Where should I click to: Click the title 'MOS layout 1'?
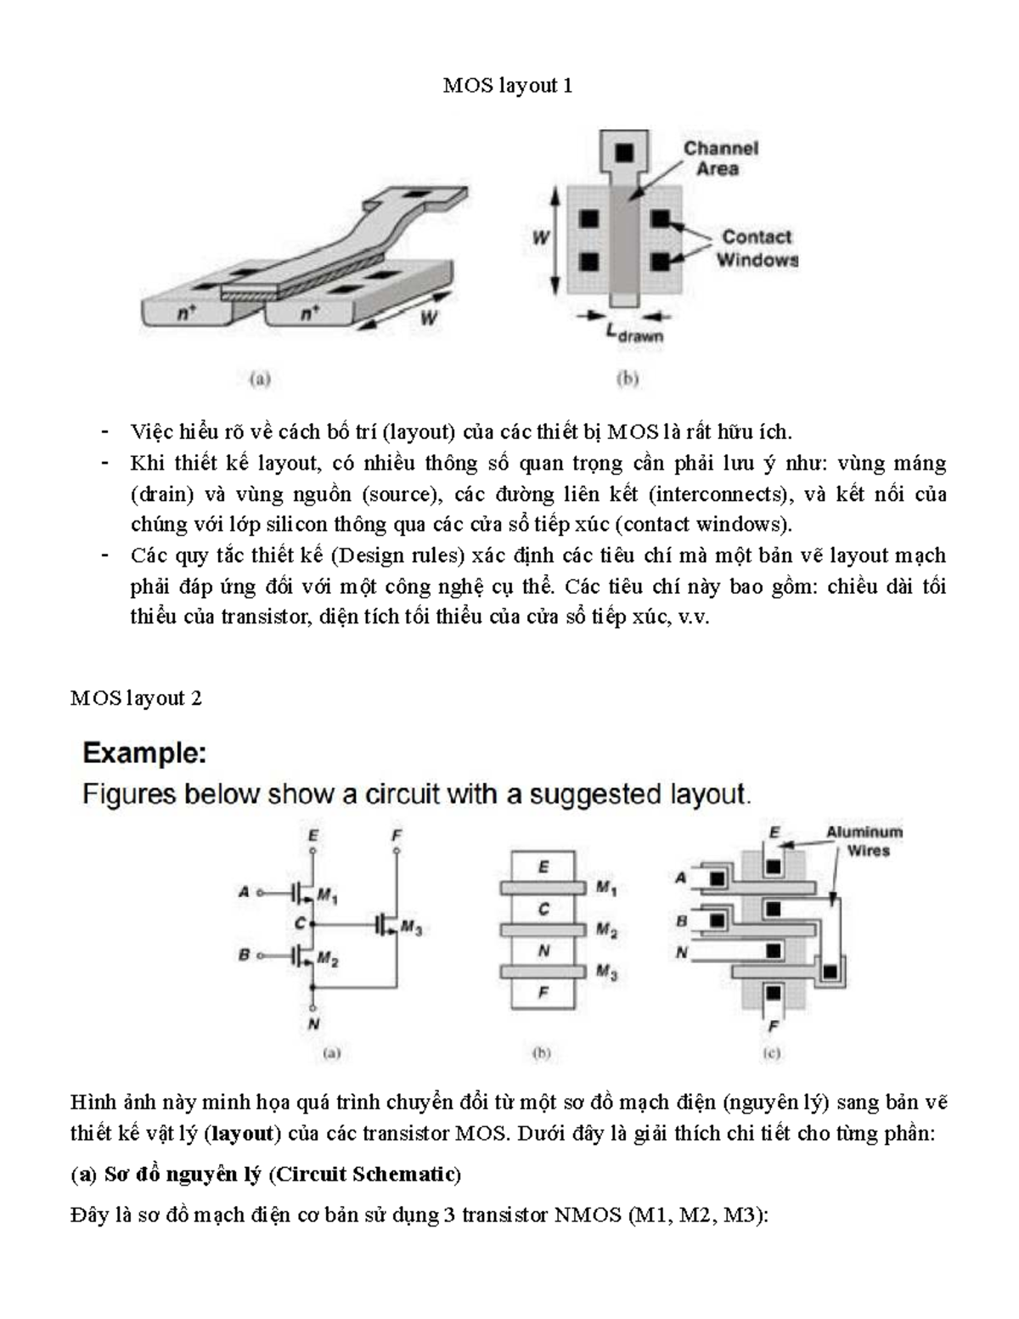508,86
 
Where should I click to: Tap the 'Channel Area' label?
721,159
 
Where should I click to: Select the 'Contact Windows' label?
757,248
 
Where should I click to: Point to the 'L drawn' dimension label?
635,333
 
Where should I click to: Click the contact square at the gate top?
624,152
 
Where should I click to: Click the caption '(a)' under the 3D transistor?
260,379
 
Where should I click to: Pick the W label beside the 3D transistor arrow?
429,318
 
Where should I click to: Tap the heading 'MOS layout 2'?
136,698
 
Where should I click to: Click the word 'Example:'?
144,753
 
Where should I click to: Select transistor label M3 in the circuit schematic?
412,927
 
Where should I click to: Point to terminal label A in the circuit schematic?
244,893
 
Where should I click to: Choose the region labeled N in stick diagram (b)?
543,951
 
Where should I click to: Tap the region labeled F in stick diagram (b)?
543,993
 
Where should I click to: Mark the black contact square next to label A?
718,878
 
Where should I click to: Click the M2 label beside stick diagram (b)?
606,929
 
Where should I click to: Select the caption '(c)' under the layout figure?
771,1053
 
